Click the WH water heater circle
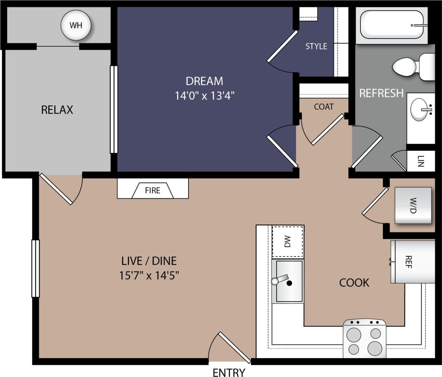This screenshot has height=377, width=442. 76,25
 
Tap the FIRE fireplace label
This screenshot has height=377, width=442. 152,190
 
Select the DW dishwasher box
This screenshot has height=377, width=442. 288,242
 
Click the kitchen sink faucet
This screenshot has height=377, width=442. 280,280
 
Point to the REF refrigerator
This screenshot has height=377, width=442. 413,262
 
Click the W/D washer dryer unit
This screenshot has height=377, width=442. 413,205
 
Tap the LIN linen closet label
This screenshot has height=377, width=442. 421,161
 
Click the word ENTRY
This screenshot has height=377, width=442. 229,372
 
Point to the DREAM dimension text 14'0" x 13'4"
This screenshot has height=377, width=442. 204,96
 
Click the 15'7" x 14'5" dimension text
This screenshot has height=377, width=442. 149,275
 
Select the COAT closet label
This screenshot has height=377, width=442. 324,107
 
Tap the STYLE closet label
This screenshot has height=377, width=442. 316,46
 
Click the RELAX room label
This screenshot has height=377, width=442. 57,109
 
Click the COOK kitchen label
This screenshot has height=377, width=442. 354,282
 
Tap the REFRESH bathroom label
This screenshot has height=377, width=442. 381,93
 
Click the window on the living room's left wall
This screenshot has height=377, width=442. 35,268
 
